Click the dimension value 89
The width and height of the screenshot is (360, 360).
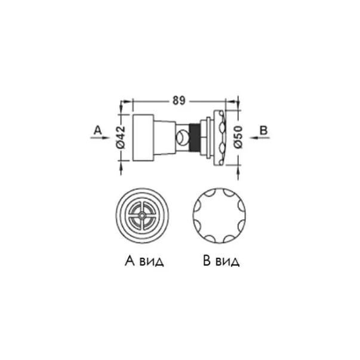(179, 100)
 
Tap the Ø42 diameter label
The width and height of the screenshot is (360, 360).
(121, 137)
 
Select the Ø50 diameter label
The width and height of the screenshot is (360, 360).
(239, 137)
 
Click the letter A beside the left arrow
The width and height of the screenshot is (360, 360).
(97, 130)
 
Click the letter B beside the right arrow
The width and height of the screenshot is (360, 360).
(263, 130)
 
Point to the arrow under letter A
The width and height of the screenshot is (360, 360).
(100, 137)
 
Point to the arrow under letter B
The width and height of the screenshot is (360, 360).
(260, 137)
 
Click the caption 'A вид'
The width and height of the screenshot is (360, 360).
(144, 261)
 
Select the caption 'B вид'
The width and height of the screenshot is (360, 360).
(221, 261)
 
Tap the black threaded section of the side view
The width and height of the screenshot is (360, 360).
(194, 137)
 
